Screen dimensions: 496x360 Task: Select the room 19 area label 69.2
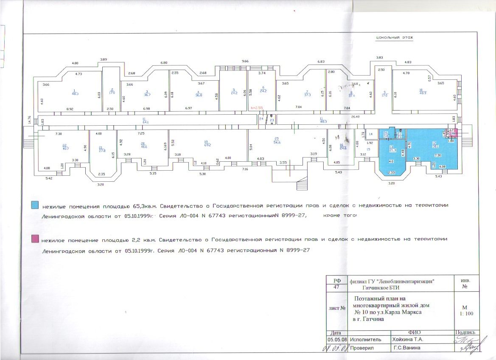[x=207, y=144]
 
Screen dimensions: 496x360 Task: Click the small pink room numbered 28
[x=453, y=134]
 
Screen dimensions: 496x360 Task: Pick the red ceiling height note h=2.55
[x=257, y=108]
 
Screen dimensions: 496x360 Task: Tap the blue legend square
[x=36, y=205]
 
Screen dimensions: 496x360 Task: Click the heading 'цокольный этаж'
[x=394, y=38]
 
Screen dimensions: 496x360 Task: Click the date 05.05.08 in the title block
[x=337, y=340]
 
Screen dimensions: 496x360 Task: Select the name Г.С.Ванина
[x=406, y=348]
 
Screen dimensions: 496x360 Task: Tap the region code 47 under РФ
[x=337, y=287]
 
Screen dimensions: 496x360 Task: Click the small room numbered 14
[x=370, y=134]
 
